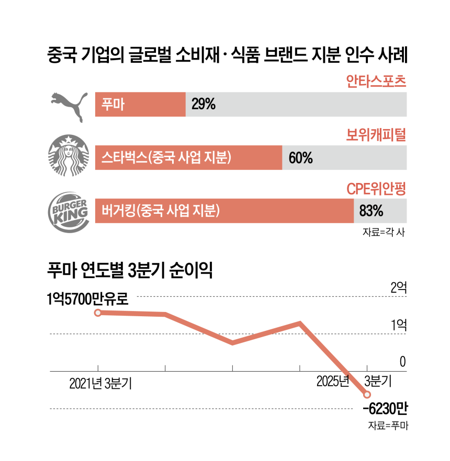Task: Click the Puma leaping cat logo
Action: [x=66, y=105]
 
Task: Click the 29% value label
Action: [x=204, y=105]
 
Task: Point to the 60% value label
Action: [x=300, y=157]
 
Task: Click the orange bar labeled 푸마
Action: [x=140, y=105]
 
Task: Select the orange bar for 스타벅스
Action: [x=188, y=157]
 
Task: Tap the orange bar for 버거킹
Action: [x=224, y=211]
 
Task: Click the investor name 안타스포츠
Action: [x=376, y=82]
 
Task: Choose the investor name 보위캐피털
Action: [x=376, y=135]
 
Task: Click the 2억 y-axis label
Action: [x=398, y=287]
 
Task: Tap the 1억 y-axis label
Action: [x=398, y=325]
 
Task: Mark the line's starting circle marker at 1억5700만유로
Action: [x=98, y=313]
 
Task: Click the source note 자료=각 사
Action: [x=384, y=233]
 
